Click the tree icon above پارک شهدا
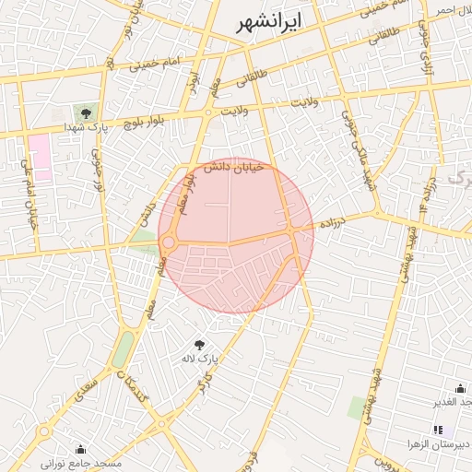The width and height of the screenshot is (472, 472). pyautogui.click(x=85, y=113)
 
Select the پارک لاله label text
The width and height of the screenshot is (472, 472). pyautogui.click(x=200, y=357)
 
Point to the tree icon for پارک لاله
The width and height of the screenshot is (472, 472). pyautogui.click(x=200, y=344)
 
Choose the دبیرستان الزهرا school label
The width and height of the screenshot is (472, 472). pyautogui.click(x=439, y=444)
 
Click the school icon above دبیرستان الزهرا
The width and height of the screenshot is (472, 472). pyautogui.click(x=438, y=430)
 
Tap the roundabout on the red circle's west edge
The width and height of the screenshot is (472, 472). pyautogui.click(x=169, y=243)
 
